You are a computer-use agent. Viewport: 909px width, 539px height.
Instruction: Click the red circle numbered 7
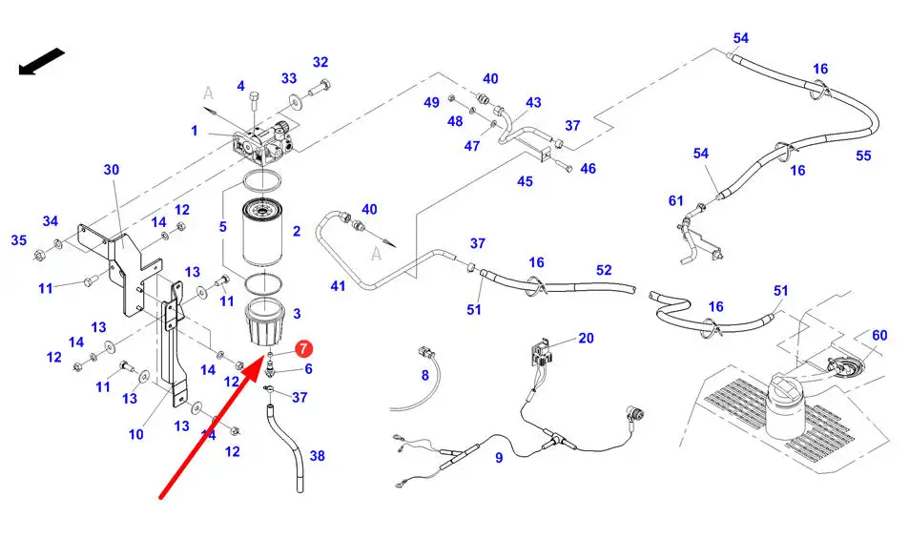click(x=303, y=350)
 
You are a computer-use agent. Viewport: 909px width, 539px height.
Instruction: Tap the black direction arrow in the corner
click(x=41, y=63)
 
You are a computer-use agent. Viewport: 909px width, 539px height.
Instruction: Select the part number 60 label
click(x=878, y=335)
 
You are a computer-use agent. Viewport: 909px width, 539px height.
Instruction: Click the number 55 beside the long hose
click(x=863, y=155)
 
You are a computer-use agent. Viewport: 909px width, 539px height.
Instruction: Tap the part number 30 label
click(x=112, y=170)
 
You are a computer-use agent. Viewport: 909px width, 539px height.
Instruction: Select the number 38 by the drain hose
click(x=317, y=456)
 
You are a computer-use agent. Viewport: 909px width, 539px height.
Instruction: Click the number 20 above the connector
click(x=586, y=338)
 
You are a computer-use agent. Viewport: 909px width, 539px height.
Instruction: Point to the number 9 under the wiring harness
click(x=498, y=457)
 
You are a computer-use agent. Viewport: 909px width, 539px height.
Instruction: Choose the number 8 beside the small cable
click(x=425, y=376)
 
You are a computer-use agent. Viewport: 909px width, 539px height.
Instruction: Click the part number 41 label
click(x=338, y=285)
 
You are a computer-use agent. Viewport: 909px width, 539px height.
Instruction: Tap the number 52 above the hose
click(x=603, y=270)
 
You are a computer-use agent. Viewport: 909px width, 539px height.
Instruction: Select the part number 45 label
click(x=525, y=181)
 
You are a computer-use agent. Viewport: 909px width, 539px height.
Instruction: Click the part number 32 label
click(x=320, y=62)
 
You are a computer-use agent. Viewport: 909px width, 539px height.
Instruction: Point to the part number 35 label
click(x=19, y=240)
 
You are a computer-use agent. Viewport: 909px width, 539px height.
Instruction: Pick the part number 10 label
click(x=136, y=434)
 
